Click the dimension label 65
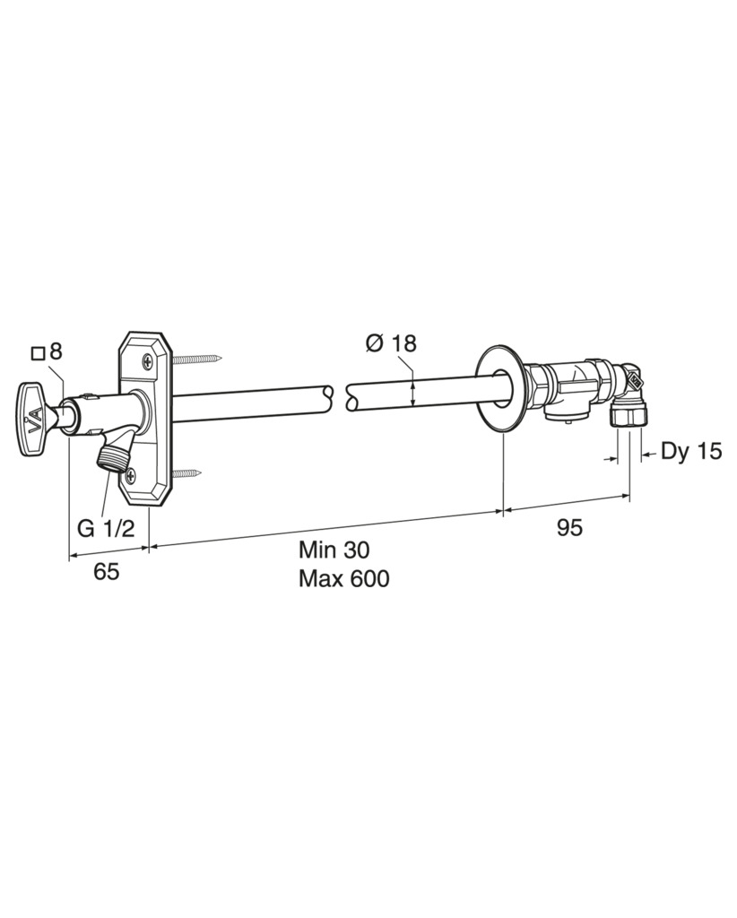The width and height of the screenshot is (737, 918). click(106, 571)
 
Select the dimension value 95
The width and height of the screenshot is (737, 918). click(569, 527)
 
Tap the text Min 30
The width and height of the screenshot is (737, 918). click(334, 550)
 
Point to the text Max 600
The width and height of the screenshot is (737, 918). click(343, 578)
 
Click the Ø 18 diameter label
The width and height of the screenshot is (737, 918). click(390, 343)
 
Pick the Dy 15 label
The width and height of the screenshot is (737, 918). click(691, 452)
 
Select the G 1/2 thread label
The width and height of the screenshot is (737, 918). click(106, 528)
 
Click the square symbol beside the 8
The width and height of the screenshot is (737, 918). click(38, 353)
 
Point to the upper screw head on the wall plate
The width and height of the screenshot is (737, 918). click(147, 361)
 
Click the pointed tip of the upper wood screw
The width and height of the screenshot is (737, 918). click(221, 356)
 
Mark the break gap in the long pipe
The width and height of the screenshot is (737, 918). click(340, 397)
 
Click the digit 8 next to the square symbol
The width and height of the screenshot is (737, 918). click(56, 351)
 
